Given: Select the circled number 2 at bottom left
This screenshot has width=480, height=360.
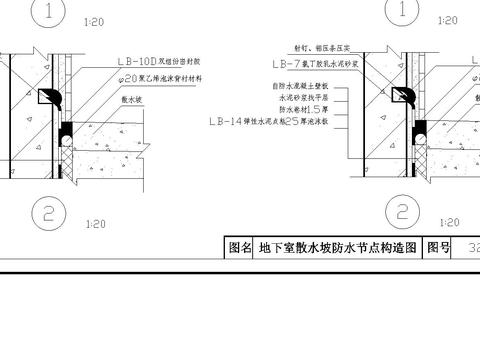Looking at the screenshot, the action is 47,212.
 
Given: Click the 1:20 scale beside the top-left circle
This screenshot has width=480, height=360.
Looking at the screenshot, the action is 96,20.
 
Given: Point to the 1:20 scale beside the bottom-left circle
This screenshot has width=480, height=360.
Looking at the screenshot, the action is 97,225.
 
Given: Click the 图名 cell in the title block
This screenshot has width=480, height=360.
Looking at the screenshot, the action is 239,247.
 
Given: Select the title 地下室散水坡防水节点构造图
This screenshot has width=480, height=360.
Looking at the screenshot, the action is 336,247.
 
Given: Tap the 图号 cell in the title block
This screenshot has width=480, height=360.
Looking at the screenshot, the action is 439,247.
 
